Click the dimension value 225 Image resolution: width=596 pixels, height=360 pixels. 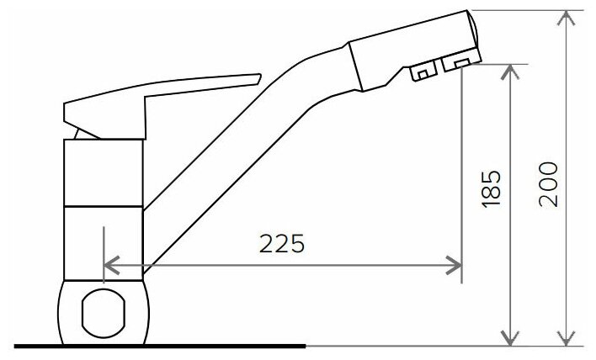click(282, 243)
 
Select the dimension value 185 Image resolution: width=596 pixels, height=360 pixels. click(491, 189)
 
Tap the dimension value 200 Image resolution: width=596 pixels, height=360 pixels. click(549, 184)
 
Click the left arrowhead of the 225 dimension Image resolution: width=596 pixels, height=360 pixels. click(111, 265)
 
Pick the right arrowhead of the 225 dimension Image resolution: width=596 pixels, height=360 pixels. click(454, 265)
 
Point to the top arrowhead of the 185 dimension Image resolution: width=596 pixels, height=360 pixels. click(510, 71)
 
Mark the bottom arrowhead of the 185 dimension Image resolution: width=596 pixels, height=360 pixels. click(510, 338)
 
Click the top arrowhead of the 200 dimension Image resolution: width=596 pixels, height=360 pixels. click(567, 18)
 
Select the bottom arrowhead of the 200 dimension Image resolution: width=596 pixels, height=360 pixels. click(567, 338)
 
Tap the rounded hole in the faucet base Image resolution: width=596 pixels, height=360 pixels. click(104, 313)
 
